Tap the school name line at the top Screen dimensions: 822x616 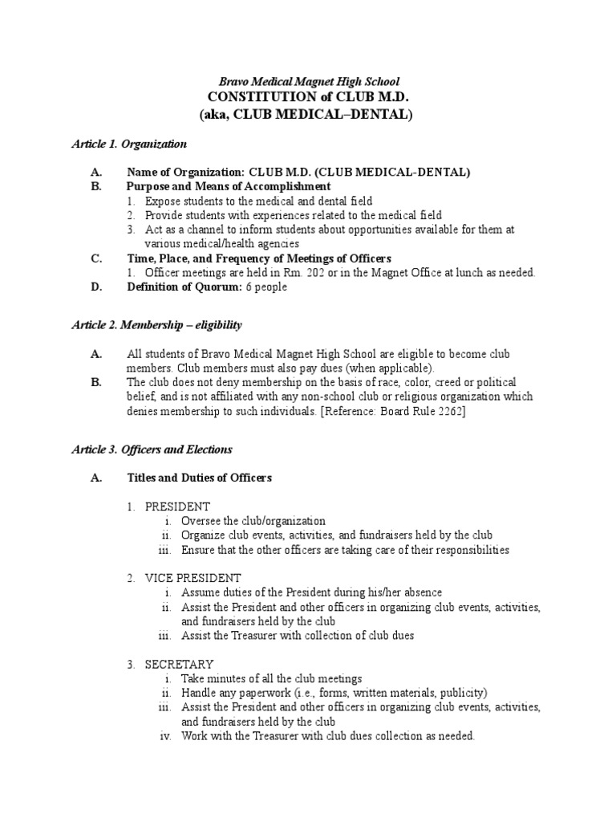coord(309,82)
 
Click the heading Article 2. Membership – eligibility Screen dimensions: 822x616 coord(156,324)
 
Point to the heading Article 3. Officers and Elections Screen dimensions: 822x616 coord(152,450)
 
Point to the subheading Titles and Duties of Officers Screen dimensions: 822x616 coord(200,478)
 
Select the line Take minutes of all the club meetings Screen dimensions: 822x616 coord(272,678)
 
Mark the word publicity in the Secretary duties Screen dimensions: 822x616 coord(460,693)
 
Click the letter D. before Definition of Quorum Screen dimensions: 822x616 coord(96,287)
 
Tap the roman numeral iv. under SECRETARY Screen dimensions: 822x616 coord(166,735)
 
